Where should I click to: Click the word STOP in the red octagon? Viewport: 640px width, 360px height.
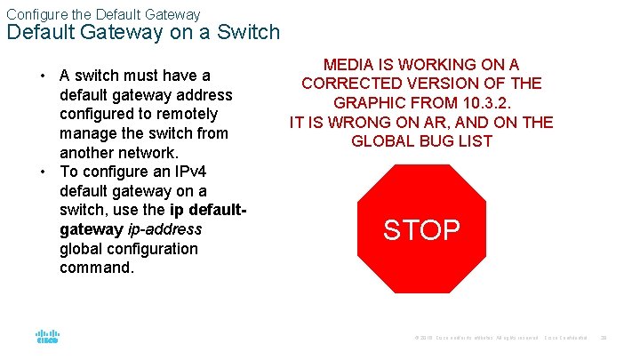point(421,230)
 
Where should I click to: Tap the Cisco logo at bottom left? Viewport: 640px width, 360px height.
point(47,337)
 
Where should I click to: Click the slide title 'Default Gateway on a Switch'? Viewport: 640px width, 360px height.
point(143,33)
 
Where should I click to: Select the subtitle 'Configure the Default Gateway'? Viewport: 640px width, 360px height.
point(103,14)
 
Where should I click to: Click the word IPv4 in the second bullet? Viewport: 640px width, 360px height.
point(182,172)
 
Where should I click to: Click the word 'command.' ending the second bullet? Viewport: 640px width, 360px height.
point(97,268)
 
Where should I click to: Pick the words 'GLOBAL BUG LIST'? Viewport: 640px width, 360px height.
point(421,141)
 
